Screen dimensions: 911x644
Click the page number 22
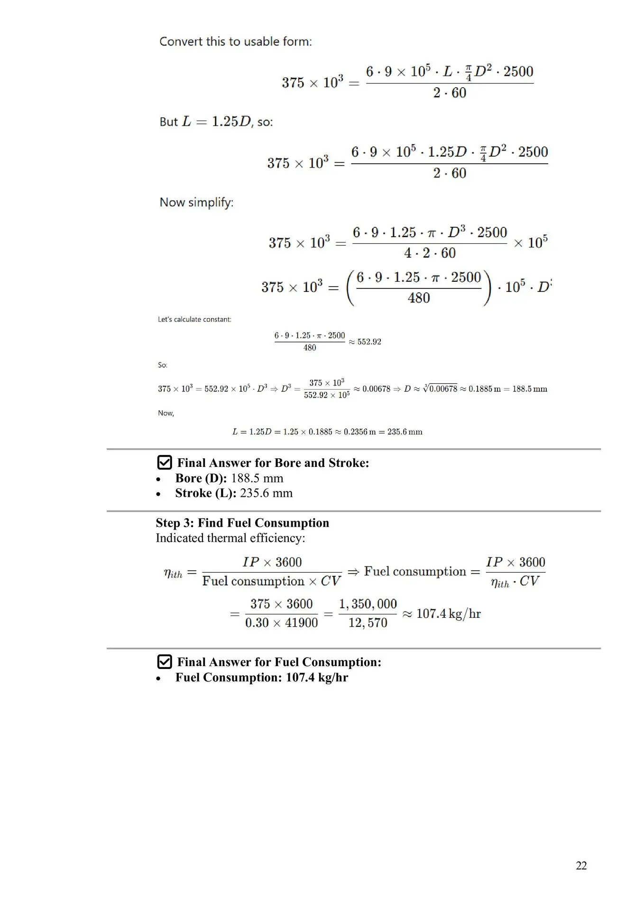coord(581,865)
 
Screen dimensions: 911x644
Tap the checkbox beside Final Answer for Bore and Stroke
coord(164,463)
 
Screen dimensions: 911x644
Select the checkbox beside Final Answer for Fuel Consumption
coord(164,662)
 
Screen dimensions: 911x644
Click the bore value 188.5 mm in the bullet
coord(257,478)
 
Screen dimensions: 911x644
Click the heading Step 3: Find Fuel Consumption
coord(242,523)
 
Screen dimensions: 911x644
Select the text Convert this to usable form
coord(235,42)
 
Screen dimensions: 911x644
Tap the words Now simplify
coord(196,203)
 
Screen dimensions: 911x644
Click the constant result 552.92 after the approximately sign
coord(369,342)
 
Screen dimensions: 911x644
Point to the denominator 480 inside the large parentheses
coord(419,298)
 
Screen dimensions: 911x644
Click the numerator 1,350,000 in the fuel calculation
coord(368,604)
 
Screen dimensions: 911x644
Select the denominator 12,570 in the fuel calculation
coord(368,623)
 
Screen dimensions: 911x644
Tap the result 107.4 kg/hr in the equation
coord(448,614)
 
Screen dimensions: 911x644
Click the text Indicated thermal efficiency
coord(230,538)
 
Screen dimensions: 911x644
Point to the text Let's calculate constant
coord(194,319)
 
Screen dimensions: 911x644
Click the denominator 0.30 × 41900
coord(281,623)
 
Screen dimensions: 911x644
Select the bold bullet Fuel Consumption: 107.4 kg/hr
coord(261,678)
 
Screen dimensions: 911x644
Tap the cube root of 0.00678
coord(441,389)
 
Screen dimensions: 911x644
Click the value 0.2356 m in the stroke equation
coord(359,432)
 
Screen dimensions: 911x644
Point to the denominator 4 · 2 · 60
coord(430,253)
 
